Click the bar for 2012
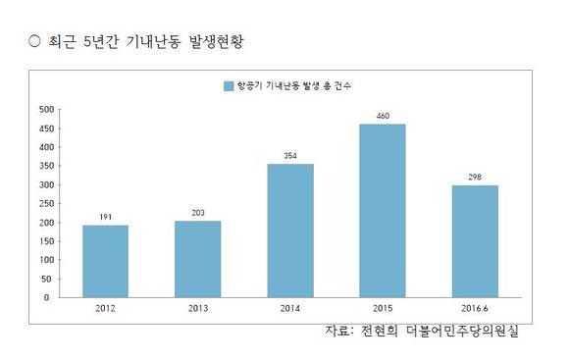pos(105,260)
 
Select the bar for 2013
pos(197,258)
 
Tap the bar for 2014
pos(290,230)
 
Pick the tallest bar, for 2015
pos(383,210)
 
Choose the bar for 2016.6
pos(475,240)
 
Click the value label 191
pos(105,217)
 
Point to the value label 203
pos(197,212)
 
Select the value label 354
pos(290,155)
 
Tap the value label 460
pos(383,116)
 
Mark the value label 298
pos(475,177)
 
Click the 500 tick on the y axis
pos(45,109)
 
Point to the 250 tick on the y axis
pos(45,203)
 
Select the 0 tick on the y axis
pos(50,296)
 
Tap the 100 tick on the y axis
pos(45,259)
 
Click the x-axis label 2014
pos(290,309)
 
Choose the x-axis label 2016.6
pos(475,309)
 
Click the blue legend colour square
pos(228,86)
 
